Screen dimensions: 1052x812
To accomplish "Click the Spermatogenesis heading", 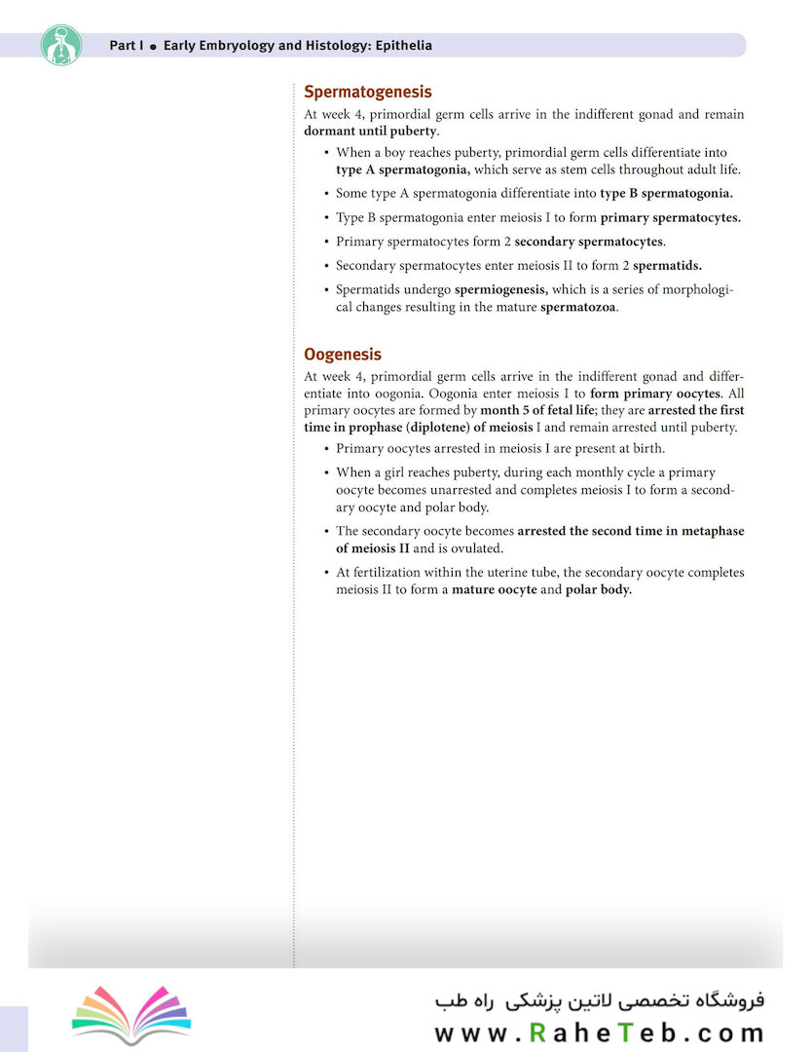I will (x=368, y=93).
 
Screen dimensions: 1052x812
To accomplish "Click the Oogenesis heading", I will (x=343, y=355).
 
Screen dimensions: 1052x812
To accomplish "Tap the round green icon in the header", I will (x=61, y=45).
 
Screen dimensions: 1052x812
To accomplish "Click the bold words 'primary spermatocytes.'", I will (x=670, y=217).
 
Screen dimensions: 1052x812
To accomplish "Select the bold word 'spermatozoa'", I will (x=578, y=307).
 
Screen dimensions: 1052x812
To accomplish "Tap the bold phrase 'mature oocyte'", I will (x=495, y=589).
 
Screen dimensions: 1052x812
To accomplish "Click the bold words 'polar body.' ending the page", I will (x=599, y=589).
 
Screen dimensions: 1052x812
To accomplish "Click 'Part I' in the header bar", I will (x=126, y=46).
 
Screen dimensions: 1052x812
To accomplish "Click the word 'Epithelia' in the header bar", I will (x=401, y=46).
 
